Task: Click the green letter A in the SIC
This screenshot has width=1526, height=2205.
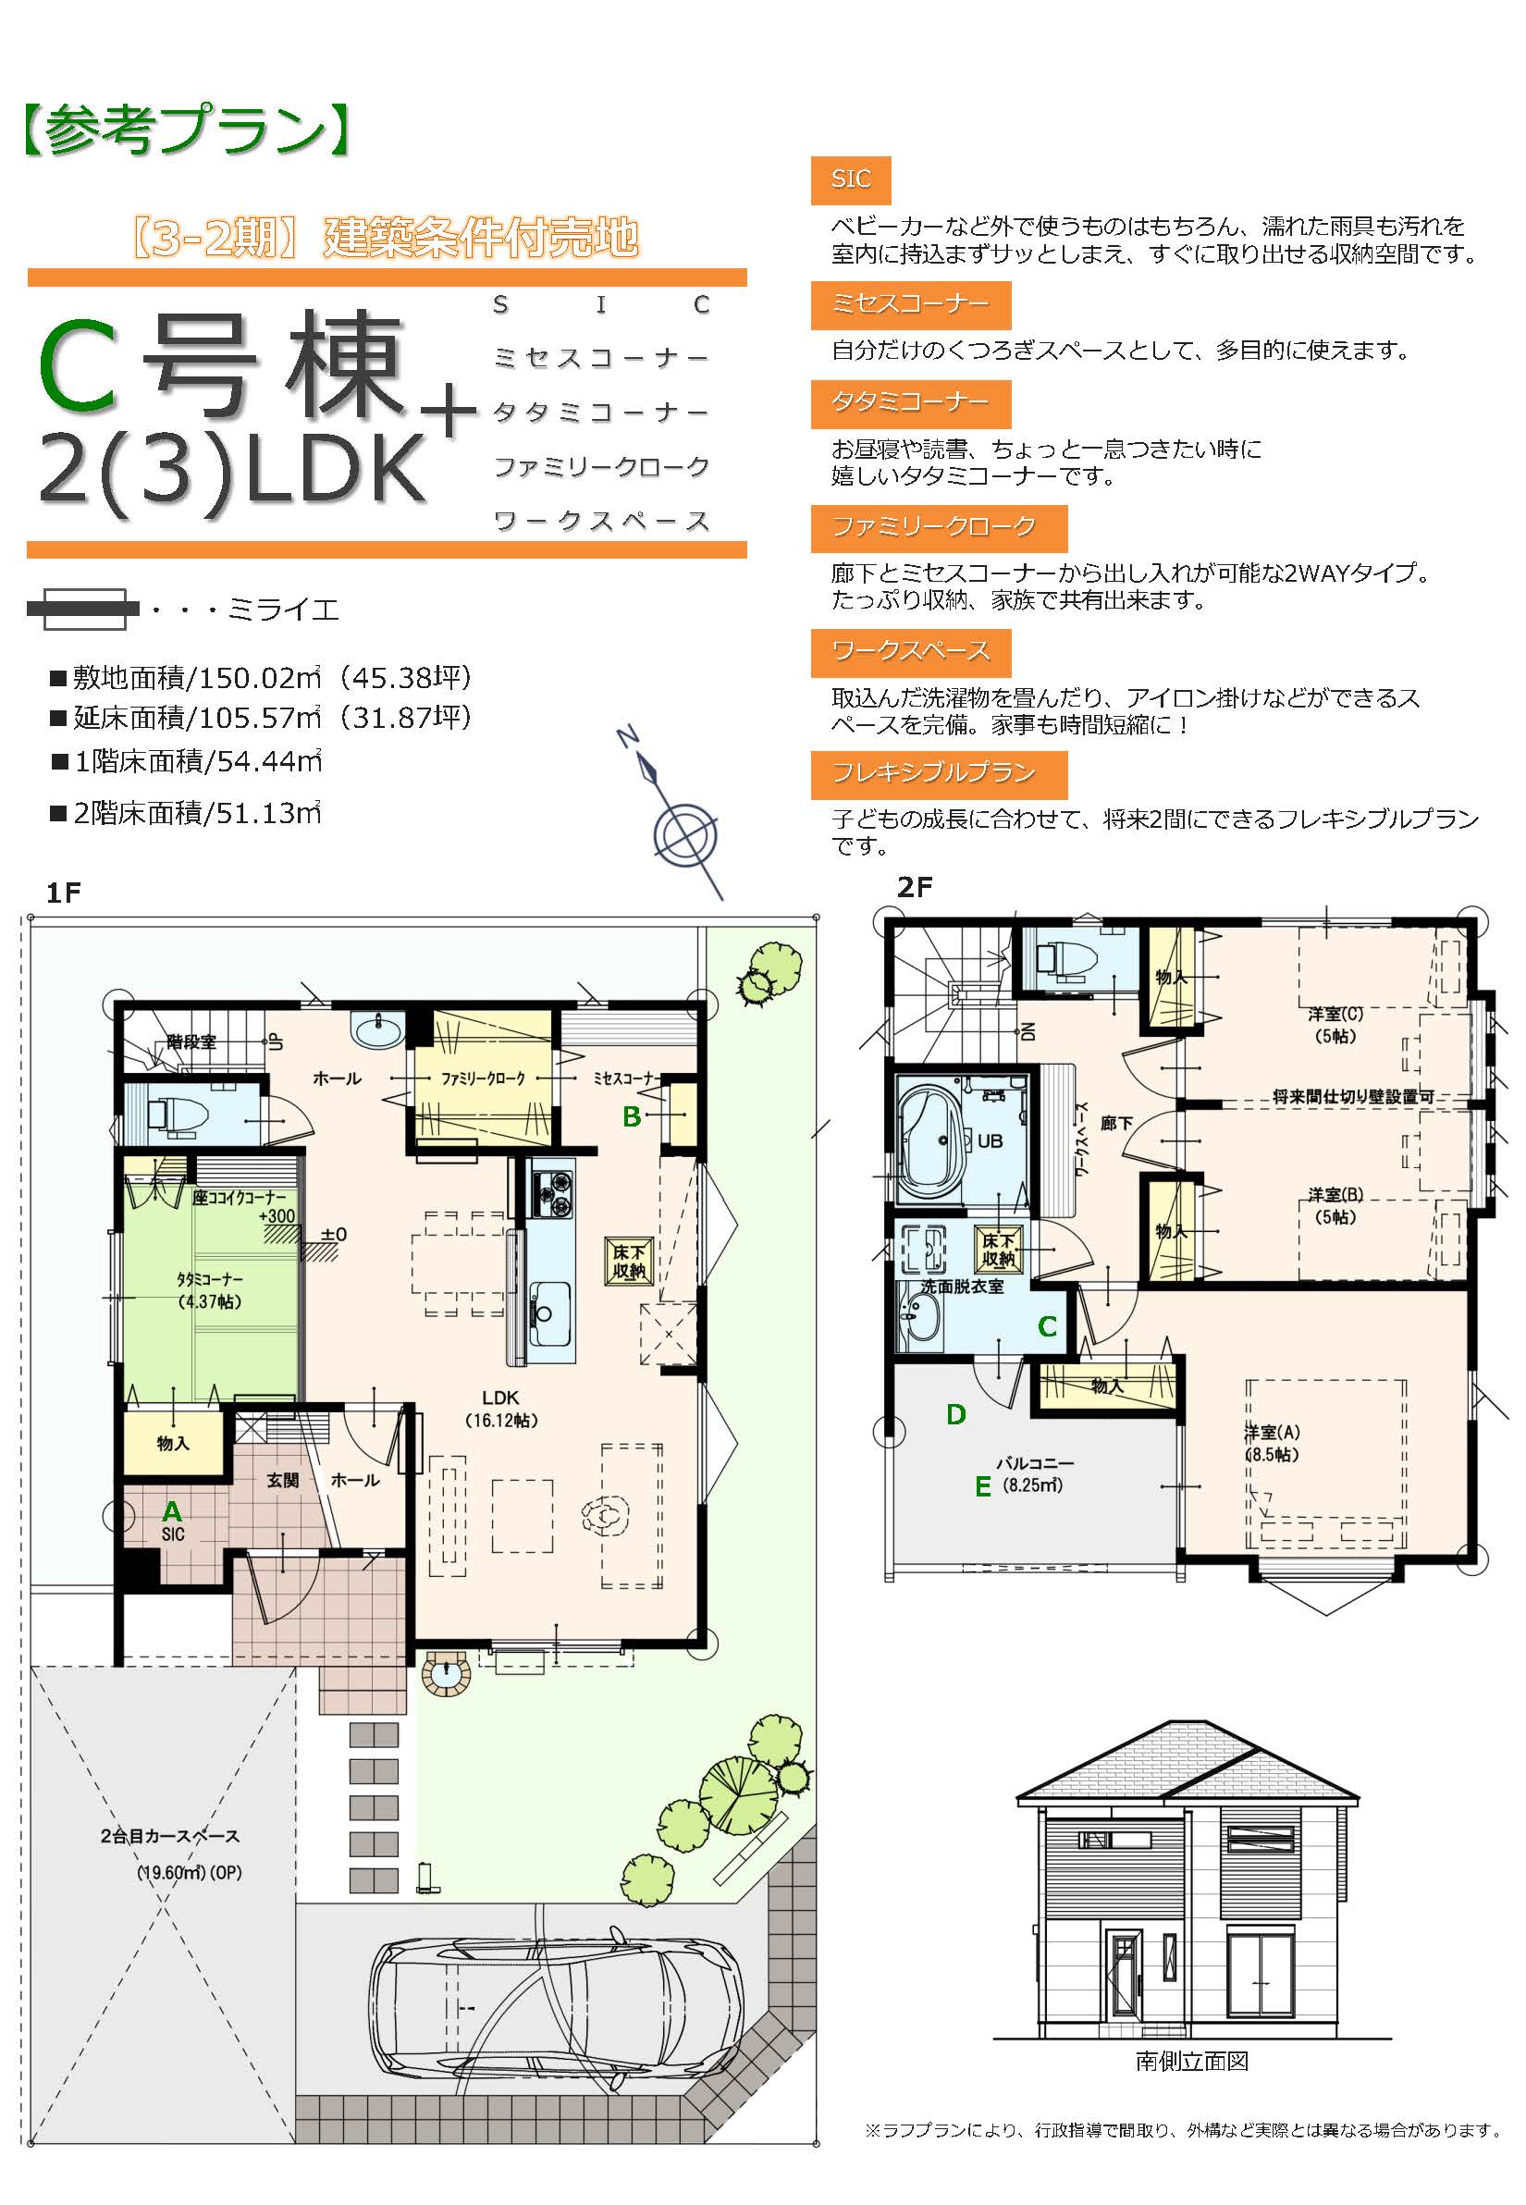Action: coord(172,1510)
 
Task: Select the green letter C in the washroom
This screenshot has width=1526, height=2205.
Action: coord(1047,1327)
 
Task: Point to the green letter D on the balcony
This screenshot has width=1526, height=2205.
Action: coord(955,1415)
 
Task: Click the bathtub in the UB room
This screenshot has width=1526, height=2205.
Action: coord(932,1141)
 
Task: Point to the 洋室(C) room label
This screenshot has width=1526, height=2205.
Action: coord(1335,1024)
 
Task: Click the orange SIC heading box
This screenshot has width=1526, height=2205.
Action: coord(850,179)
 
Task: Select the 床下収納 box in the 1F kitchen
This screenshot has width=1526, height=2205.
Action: coord(629,1261)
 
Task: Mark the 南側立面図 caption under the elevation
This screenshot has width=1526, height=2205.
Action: coord(1191,2061)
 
